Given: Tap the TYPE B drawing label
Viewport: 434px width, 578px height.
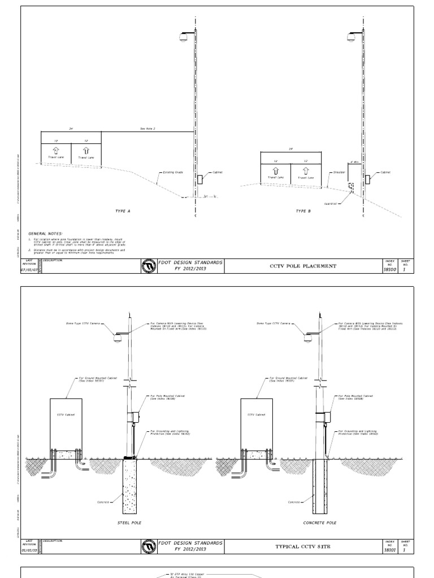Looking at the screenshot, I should click(303, 211).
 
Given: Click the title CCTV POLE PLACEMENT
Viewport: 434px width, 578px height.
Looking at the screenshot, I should click(304, 266).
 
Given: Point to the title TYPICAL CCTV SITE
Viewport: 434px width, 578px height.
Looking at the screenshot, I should click(304, 547).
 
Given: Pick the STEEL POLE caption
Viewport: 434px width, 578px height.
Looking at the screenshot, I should click(130, 523).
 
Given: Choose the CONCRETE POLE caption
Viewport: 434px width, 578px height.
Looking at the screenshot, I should click(320, 523).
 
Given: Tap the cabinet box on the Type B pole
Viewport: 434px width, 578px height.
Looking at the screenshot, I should click(368, 179).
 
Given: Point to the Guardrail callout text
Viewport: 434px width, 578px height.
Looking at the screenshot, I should click(331, 204).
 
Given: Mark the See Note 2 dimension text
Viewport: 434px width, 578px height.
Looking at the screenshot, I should click(147, 129).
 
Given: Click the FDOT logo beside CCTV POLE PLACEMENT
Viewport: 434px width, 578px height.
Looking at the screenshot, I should click(149, 266).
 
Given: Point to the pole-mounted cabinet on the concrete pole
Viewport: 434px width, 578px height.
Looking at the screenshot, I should click(324, 417).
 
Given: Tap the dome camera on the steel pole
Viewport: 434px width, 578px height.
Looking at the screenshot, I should click(118, 339).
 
